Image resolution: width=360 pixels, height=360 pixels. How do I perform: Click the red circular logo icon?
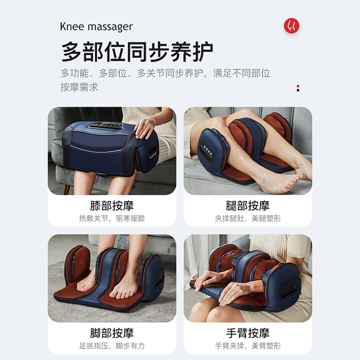(x=291, y=26)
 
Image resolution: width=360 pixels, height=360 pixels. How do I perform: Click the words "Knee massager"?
(x=96, y=27)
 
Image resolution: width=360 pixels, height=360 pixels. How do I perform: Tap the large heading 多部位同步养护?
(x=137, y=52)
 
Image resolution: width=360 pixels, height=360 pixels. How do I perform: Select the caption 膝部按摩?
(x=112, y=206)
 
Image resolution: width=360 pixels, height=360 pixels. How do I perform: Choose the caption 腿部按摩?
(x=248, y=206)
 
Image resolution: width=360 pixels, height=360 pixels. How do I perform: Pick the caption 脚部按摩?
(x=112, y=333)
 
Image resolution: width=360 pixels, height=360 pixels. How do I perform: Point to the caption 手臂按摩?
(x=248, y=333)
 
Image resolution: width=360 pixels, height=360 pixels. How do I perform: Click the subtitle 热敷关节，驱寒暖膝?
(x=112, y=218)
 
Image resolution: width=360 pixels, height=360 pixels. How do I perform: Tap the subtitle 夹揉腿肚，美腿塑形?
(x=248, y=218)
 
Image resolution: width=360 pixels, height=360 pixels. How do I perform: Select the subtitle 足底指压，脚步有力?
(x=112, y=346)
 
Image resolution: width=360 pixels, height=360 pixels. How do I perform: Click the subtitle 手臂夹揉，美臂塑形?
(x=248, y=346)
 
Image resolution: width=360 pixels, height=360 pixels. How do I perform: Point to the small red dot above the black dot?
(x=298, y=86)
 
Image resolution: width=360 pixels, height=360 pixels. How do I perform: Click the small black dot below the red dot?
(x=298, y=90)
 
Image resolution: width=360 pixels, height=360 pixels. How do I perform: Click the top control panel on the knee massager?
(x=105, y=126)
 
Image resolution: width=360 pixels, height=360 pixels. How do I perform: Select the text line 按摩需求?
(x=79, y=87)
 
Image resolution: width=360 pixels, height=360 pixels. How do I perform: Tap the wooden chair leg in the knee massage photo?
(x=67, y=189)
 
